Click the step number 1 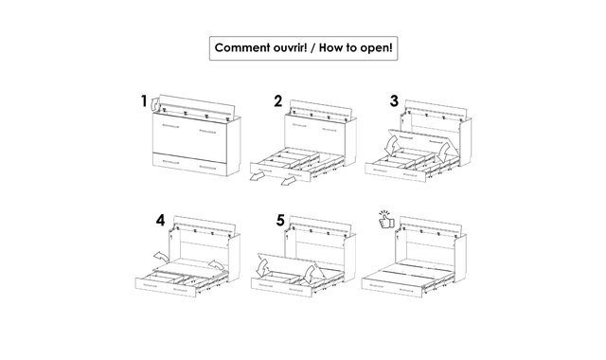tap(144, 101)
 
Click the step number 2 tap(277, 101)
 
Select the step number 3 tap(394, 101)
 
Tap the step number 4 tap(160, 221)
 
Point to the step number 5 tap(280, 221)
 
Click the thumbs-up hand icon tap(386, 220)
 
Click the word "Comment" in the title tap(242, 48)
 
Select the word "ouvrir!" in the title tap(290, 48)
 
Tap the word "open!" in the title tap(376, 48)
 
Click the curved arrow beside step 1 tap(154, 103)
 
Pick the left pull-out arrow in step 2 tap(257, 177)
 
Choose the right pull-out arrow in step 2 tap(288, 181)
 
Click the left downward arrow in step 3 tap(392, 146)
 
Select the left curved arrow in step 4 tap(161, 256)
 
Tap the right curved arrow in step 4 tap(216, 265)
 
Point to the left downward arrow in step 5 tap(263, 268)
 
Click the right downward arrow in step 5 tap(310, 274)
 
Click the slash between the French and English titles tap(312, 48)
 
